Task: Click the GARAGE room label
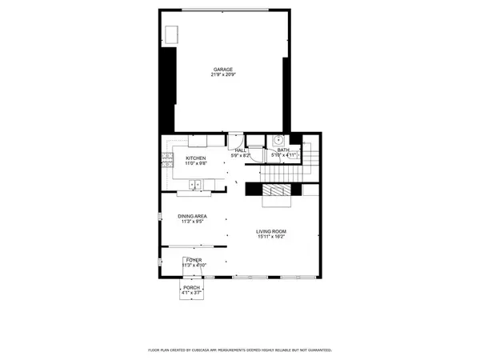[223, 69]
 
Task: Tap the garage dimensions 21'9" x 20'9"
[223, 74]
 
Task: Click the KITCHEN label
[196, 158]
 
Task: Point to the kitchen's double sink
[195, 186]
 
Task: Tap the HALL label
[240, 150]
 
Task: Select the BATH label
[283, 150]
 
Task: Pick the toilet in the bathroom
[295, 155]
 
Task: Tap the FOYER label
[193, 260]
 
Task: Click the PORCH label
[191, 287]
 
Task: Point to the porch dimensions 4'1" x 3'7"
[191, 293]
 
